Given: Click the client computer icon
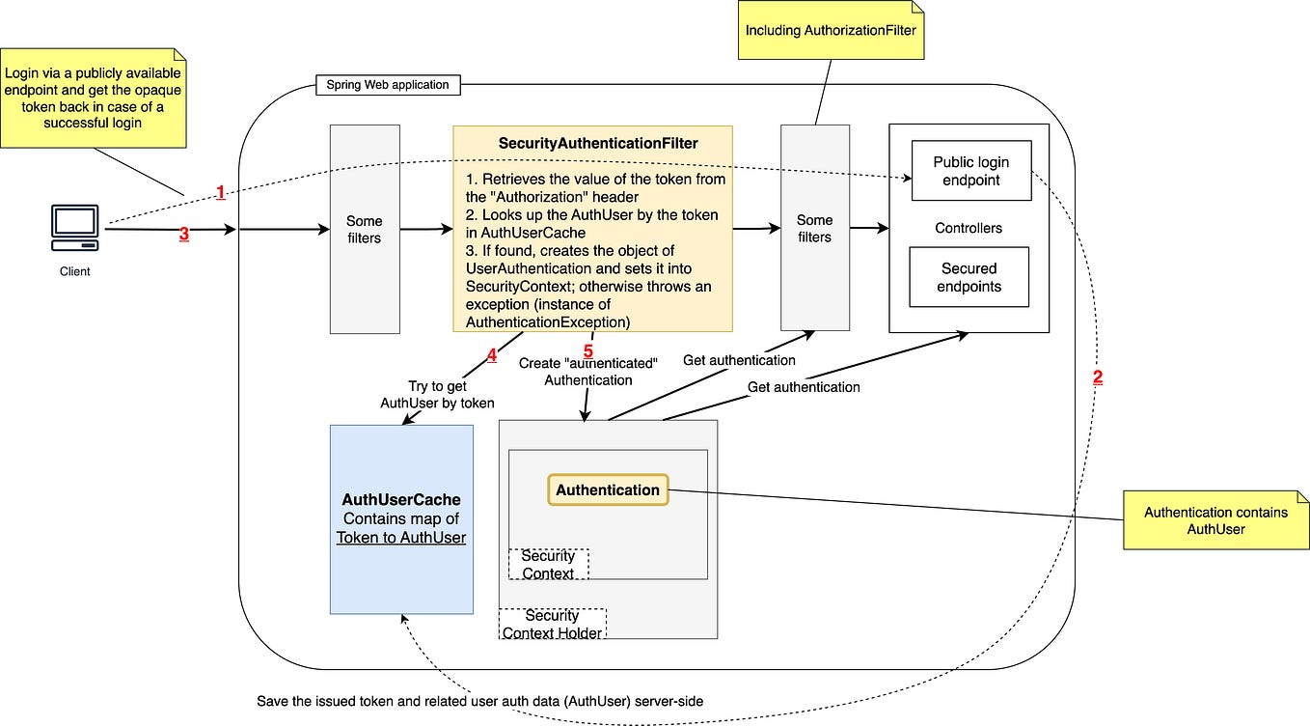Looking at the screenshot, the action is point(75,228).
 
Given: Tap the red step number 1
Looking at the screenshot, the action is point(221,192).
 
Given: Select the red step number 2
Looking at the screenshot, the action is point(1098,377).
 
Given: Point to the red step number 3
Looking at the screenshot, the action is point(184,234).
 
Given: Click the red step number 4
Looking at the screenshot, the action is point(492,355).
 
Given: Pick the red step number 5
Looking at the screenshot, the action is point(588,351).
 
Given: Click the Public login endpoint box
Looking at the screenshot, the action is point(971,170).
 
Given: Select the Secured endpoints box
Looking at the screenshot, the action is point(969,277).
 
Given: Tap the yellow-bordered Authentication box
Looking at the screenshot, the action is point(608,489).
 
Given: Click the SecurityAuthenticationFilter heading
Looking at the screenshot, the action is point(598,143).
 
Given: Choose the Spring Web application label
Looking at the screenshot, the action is point(388,85).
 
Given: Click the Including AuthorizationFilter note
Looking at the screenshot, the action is point(831,30).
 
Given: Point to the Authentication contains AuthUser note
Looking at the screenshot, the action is point(1215,520).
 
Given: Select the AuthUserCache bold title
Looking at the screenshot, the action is point(401,499).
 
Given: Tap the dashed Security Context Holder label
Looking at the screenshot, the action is point(553,624).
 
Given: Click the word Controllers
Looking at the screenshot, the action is point(969,228).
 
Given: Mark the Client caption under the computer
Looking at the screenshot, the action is point(75,271).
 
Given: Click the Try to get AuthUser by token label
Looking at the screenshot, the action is point(437,394).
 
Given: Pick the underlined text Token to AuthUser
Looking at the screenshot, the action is point(401,538).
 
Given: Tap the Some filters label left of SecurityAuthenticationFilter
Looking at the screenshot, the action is point(364,229).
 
